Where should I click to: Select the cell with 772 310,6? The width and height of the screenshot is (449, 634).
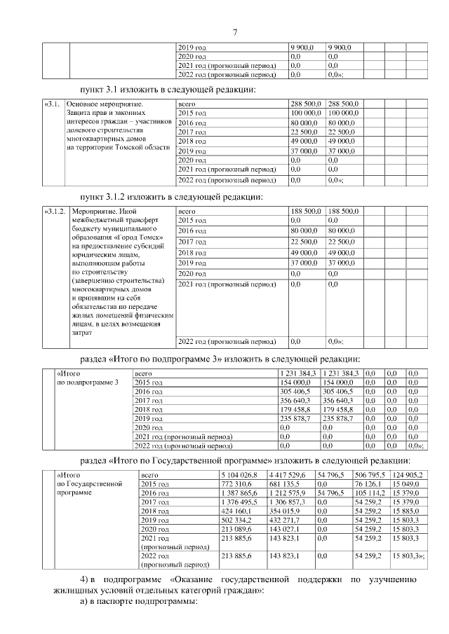236,485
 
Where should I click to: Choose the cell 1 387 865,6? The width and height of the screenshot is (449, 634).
239,494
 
